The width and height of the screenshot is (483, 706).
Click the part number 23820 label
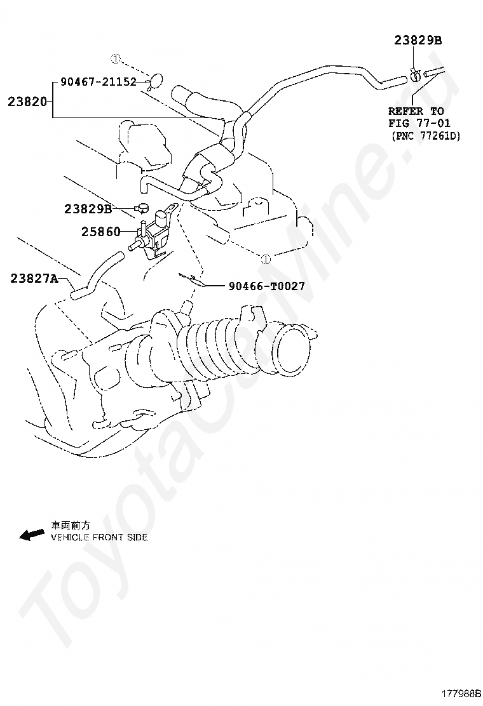coord(27,101)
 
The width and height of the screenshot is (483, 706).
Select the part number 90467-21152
coord(99,82)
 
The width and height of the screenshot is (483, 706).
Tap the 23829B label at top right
coord(418,40)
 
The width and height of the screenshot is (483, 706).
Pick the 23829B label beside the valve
coord(88,208)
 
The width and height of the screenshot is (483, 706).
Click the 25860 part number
coord(100,232)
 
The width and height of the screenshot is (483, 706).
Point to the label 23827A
coord(34,277)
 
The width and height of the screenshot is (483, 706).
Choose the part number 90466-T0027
coord(266,286)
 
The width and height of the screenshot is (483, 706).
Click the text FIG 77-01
coord(419,123)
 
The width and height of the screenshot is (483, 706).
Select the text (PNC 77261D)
coord(425,136)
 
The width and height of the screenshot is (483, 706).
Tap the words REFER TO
coord(416,111)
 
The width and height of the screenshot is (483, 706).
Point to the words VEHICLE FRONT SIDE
coord(99,537)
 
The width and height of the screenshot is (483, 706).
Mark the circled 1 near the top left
coord(115,59)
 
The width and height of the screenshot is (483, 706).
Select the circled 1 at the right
coord(266,258)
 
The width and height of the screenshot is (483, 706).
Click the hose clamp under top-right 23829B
coord(415,75)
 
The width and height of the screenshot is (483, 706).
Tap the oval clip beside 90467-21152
coord(154,81)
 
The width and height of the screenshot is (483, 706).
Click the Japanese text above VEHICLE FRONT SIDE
coord(71,526)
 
